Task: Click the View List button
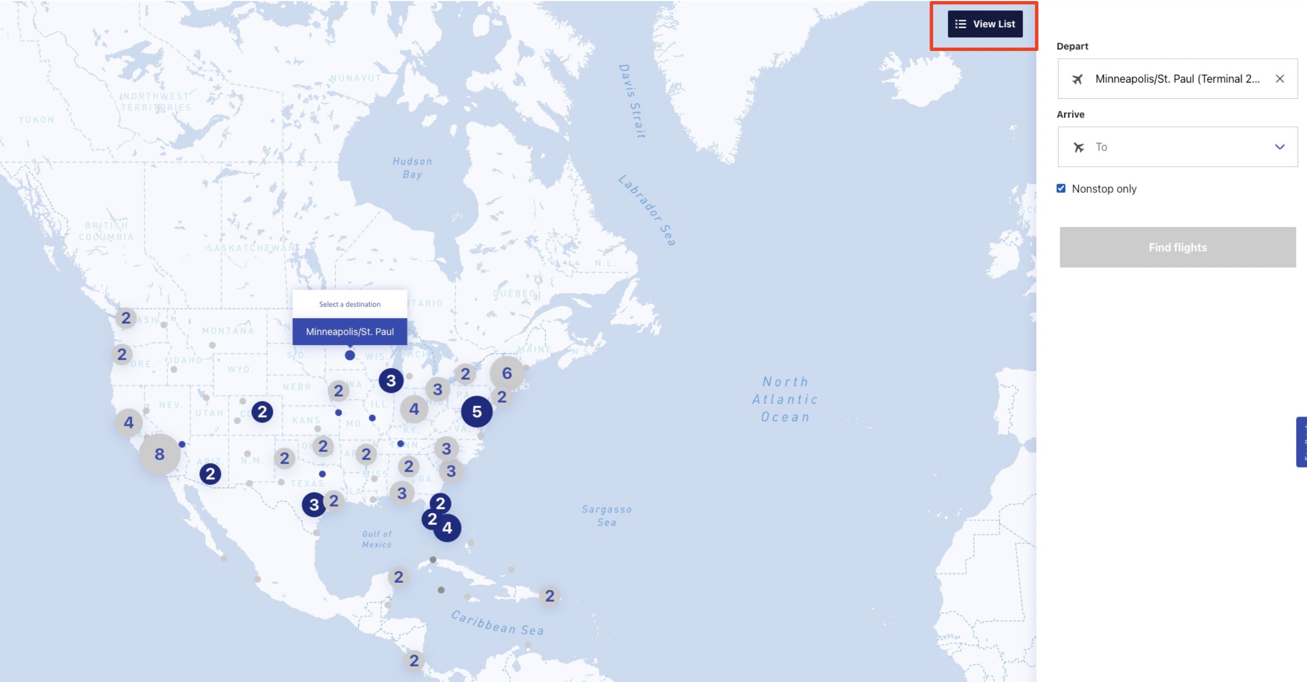click(985, 24)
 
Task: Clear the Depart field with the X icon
click(1279, 78)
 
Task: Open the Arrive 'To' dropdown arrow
click(1279, 147)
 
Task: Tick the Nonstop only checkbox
click(1061, 189)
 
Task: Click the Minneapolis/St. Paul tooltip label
click(349, 332)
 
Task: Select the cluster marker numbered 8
click(160, 454)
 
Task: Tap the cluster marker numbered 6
click(507, 373)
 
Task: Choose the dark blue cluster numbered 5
click(477, 412)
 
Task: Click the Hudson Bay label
click(412, 168)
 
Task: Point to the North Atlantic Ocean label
click(785, 399)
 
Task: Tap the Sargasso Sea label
click(607, 516)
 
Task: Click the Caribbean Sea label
click(497, 623)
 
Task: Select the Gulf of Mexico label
click(377, 539)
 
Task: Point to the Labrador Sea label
click(646, 210)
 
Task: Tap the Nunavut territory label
click(356, 78)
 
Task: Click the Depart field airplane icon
click(1077, 79)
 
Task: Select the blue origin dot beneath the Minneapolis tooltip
click(350, 356)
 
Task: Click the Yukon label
click(36, 120)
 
